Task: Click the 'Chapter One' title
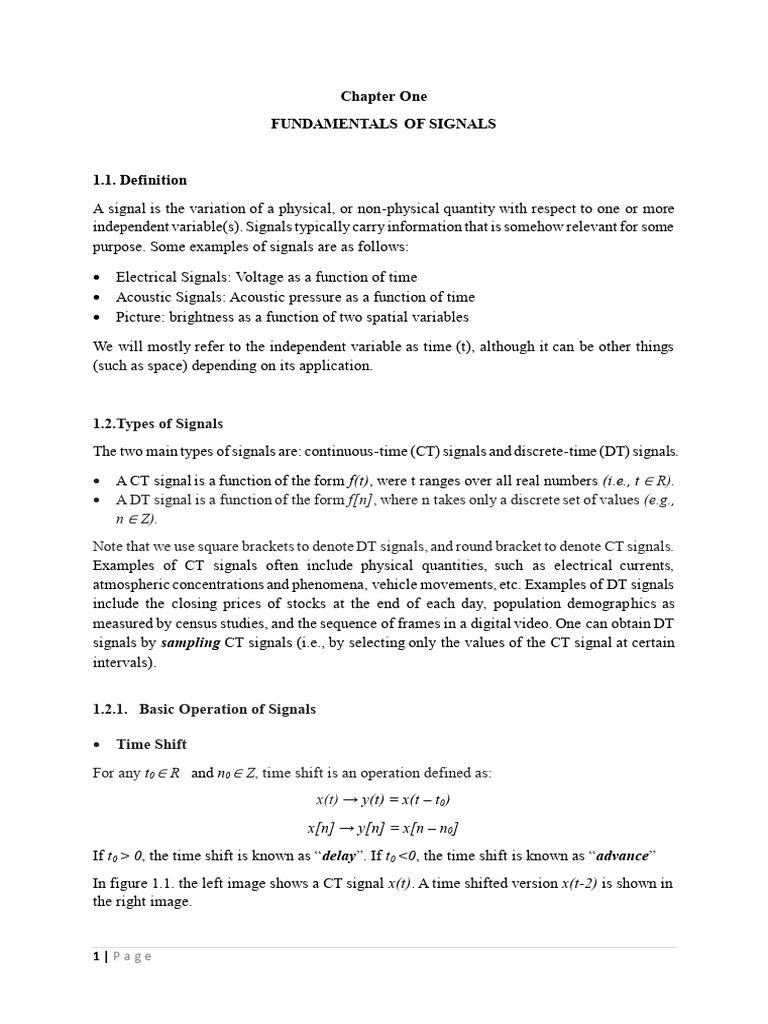384,96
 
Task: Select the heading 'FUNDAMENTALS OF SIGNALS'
384,124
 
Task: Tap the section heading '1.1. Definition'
140,180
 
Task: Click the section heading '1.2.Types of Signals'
158,424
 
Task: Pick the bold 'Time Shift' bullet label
151,744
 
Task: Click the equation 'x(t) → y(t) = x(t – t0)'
384,800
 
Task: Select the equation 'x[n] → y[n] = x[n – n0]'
384,828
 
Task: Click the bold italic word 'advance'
622,856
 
